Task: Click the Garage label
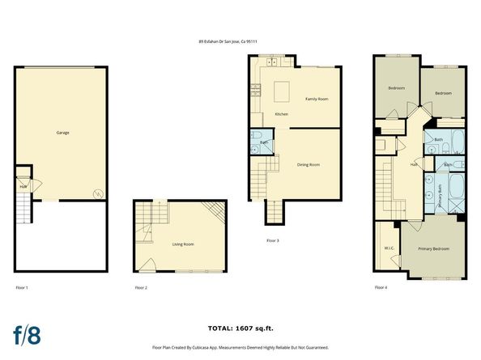(62, 132)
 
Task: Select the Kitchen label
(281, 114)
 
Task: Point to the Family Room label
(316, 99)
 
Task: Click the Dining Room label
(309, 164)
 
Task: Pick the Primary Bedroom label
(434, 248)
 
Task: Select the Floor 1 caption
(22, 288)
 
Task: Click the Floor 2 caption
(141, 288)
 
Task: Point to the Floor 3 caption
(273, 240)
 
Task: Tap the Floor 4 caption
(381, 288)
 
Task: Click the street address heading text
(240, 42)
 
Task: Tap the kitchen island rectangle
(283, 89)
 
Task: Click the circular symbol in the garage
(96, 193)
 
